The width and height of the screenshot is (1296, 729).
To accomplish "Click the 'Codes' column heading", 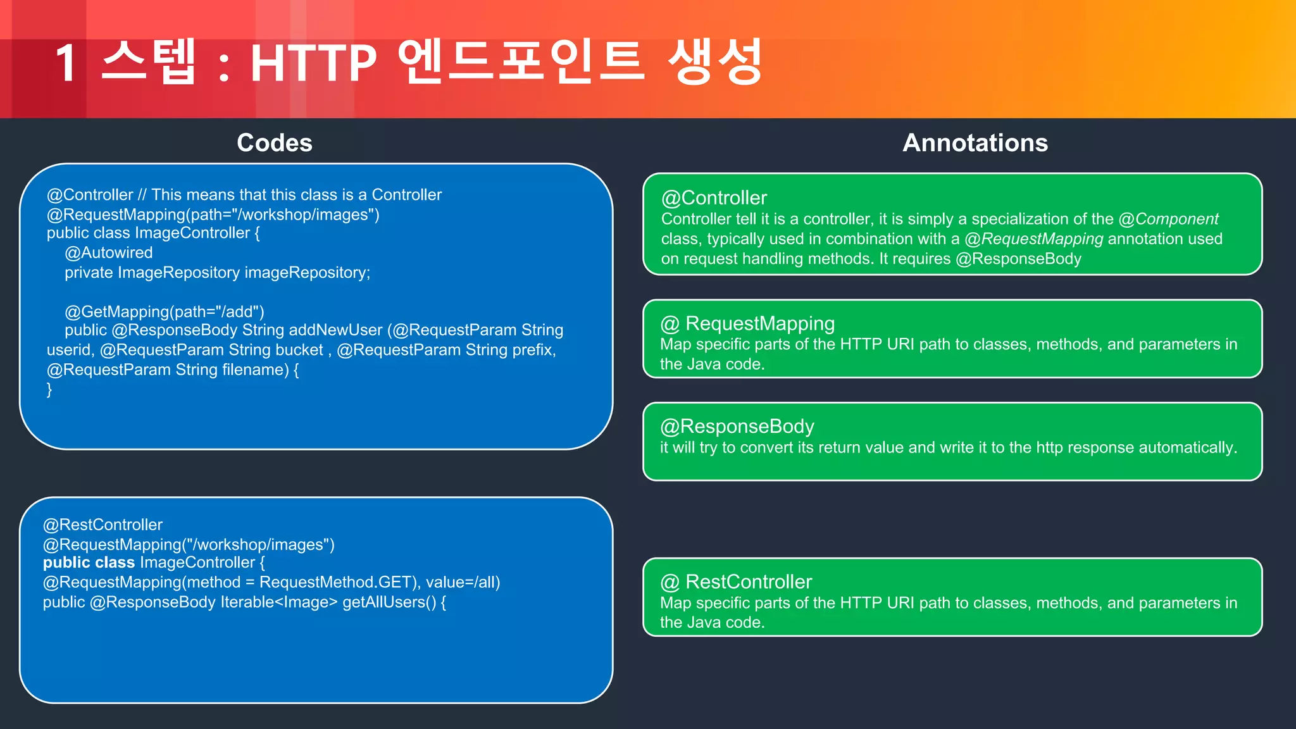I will click(274, 143).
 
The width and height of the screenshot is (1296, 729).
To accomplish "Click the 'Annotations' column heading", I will click(975, 143).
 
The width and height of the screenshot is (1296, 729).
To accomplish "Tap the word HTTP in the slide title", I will click(313, 63).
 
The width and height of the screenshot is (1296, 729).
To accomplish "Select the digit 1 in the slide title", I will click(67, 63).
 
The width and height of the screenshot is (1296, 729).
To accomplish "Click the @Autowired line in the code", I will click(108, 252).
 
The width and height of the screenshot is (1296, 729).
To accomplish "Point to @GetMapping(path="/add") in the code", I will click(164, 311).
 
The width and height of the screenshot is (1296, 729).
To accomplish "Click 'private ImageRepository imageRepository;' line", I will click(217, 273).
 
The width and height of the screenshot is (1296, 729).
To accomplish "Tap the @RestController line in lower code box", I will click(103, 525).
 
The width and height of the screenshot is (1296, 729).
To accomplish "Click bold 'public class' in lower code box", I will click(89, 563).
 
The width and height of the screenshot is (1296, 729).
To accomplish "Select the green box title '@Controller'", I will click(714, 198).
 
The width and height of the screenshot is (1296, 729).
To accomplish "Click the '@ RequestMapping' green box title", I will click(747, 323).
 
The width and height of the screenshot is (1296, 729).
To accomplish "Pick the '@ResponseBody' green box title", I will click(737, 427).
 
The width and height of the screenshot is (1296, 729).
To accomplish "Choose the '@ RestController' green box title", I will click(736, 582).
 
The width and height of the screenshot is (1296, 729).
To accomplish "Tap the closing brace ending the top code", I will click(49, 389).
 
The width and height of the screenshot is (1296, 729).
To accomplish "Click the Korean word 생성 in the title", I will click(715, 62).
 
